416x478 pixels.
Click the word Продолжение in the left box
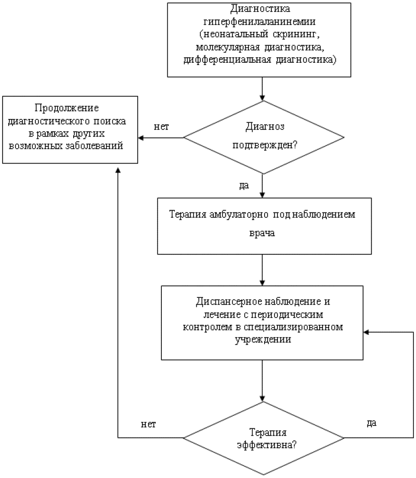[x=70, y=108]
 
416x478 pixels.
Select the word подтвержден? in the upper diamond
[x=264, y=146]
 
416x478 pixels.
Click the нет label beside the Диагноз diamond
[x=161, y=126]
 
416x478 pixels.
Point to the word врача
[x=263, y=233]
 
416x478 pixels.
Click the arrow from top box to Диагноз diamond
[x=263, y=89]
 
